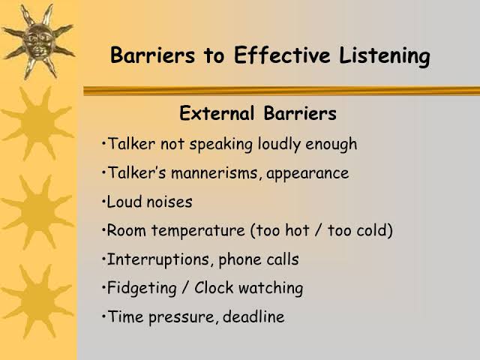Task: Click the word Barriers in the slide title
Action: coord(152,55)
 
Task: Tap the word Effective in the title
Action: coord(282,55)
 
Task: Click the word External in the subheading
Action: coord(217,113)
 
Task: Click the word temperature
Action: coord(198,231)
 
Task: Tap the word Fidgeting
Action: coord(142,289)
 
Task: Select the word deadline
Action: coord(253,316)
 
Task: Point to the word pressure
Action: coord(181,317)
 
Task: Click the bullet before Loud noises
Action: coord(103,202)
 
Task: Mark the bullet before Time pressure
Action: coord(103,316)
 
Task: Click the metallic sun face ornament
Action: coord(39,41)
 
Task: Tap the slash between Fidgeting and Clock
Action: coord(184,288)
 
